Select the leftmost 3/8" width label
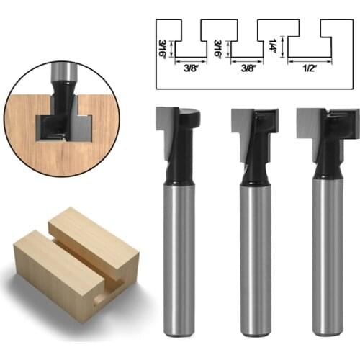pos(191,70)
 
